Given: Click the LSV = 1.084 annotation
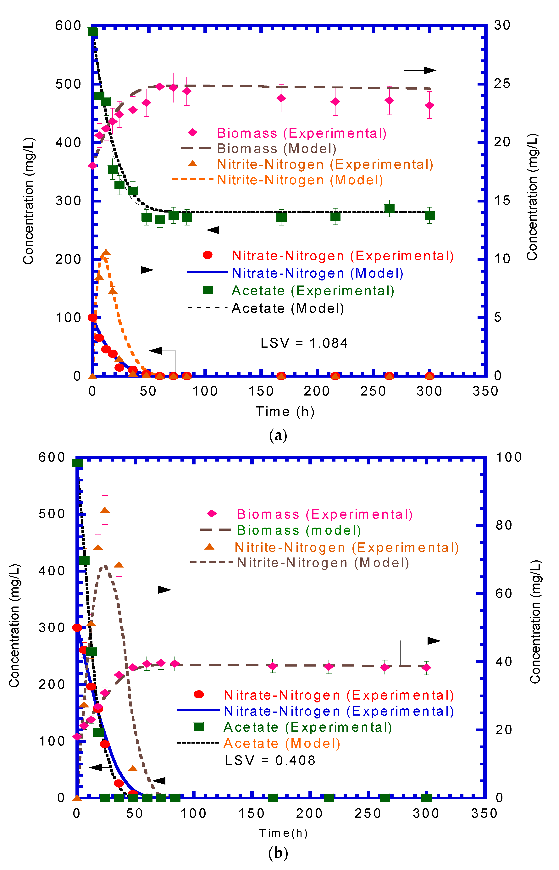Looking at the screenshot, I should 304,343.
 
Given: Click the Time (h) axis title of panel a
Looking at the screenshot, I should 285,412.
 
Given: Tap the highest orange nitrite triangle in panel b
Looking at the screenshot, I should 105,510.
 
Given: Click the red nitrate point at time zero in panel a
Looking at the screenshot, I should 93,318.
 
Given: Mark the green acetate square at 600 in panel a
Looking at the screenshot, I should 93,32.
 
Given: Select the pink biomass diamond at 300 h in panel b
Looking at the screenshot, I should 427,668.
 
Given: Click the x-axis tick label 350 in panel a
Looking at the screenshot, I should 485,391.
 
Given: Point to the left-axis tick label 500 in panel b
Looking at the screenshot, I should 52,514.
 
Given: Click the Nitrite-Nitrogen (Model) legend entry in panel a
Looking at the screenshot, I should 300,180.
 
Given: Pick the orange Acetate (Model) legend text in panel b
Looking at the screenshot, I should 282,743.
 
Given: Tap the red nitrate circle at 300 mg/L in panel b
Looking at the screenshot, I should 77,628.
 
